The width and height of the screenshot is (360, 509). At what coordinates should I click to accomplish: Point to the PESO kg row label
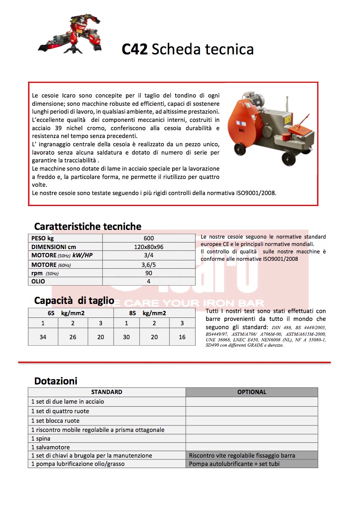pyautogui.click(x=42, y=238)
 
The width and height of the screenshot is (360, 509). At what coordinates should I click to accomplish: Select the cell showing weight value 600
pyautogui.click(x=149, y=238)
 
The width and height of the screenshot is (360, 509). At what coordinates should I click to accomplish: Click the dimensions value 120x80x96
pyautogui.click(x=149, y=247)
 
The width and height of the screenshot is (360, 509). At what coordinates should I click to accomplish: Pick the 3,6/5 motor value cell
pyautogui.click(x=149, y=264)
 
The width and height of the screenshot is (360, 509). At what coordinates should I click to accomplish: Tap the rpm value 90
pyautogui.click(x=149, y=273)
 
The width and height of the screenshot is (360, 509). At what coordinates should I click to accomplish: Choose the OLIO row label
pyautogui.click(x=38, y=281)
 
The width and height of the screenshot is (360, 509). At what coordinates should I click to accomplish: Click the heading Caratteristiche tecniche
pyautogui.click(x=88, y=226)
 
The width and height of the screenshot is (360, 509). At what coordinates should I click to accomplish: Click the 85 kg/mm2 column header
pyautogui.click(x=147, y=313)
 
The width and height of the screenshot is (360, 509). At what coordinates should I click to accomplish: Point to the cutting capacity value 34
pyautogui.click(x=43, y=337)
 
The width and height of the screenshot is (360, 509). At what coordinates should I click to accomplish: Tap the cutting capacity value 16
pyautogui.click(x=182, y=337)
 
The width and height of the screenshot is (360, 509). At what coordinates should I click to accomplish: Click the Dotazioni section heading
pyautogui.click(x=56, y=381)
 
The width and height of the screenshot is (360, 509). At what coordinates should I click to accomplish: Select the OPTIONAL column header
pyautogui.click(x=251, y=392)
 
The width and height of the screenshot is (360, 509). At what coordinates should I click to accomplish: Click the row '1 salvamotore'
pyautogui.click(x=51, y=447)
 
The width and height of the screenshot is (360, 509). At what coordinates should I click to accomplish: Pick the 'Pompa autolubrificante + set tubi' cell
pyautogui.click(x=234, y=464)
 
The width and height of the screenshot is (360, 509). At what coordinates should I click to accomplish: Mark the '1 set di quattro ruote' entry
pyautogui.click(x=60, y=411)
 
